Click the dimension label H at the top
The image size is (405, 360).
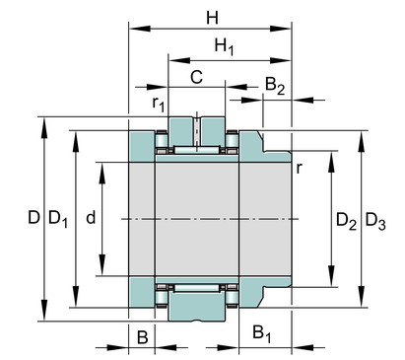click(212, 18)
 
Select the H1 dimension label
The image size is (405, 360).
click(225, 46)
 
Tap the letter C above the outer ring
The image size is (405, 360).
click(196, 78)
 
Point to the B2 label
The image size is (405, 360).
click(275, 85)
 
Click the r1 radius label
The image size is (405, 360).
click(159, 104)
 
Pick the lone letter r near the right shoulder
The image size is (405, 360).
click(299, 168)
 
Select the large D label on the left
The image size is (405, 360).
click(34, 217)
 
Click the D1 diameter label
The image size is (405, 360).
click(58, 219)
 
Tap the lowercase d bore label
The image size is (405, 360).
click(91, 217)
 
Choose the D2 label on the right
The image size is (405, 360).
click(346, 221)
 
